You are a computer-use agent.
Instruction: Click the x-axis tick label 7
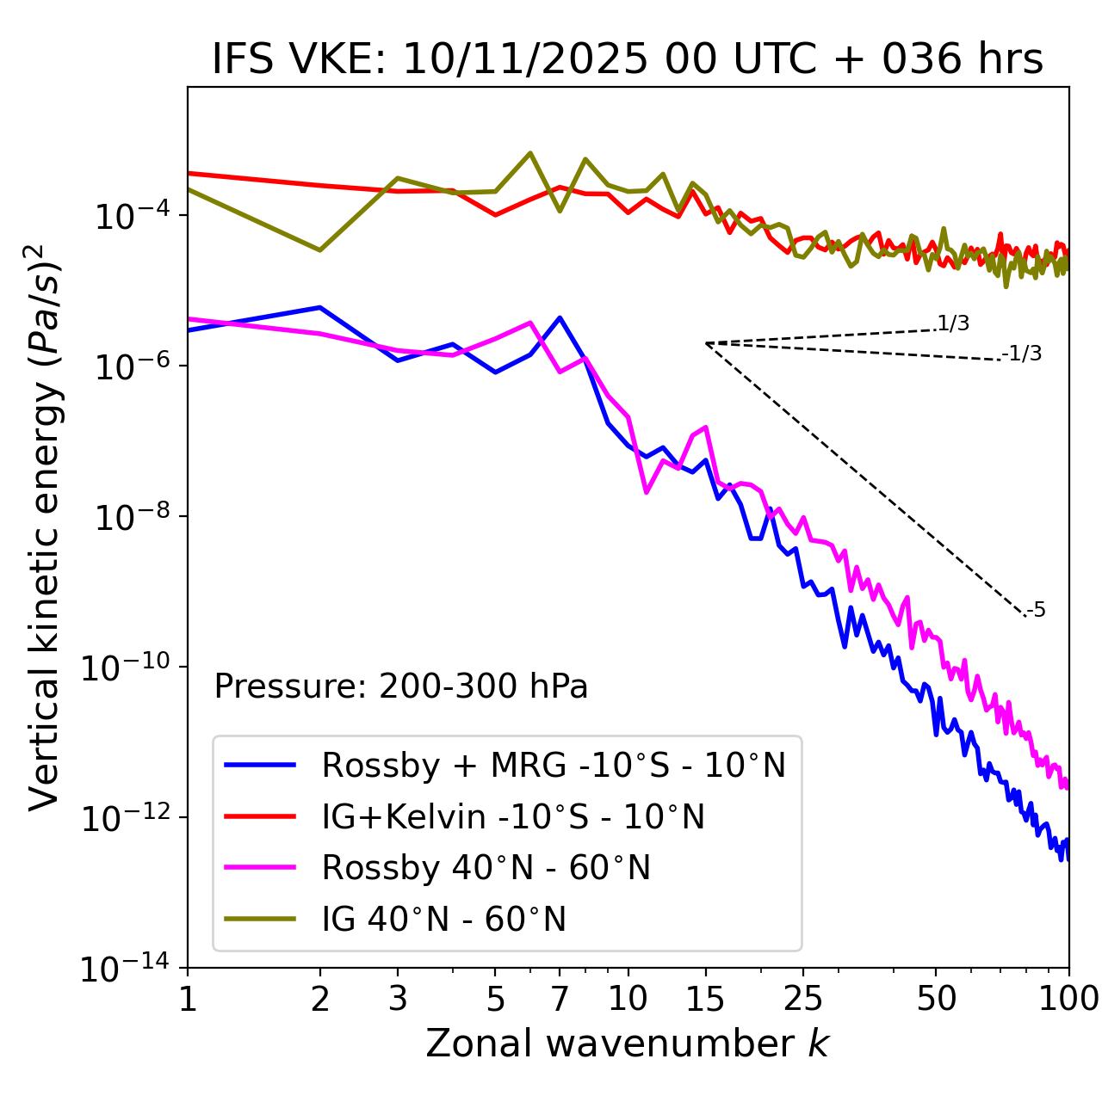pos(560,999)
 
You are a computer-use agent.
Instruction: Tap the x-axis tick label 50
pos(936,999)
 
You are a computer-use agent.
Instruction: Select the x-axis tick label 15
pos(705,999)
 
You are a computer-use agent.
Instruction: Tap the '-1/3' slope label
pos(1022,354)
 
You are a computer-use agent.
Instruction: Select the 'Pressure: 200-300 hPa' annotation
pos(401,686)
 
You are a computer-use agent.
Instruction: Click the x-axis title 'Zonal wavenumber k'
pos(628,1043)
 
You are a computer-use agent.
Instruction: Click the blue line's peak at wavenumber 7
pos(560,317)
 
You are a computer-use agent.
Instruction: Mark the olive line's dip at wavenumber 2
pos(320,250)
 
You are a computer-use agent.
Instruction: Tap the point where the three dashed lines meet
pos(706,343)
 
